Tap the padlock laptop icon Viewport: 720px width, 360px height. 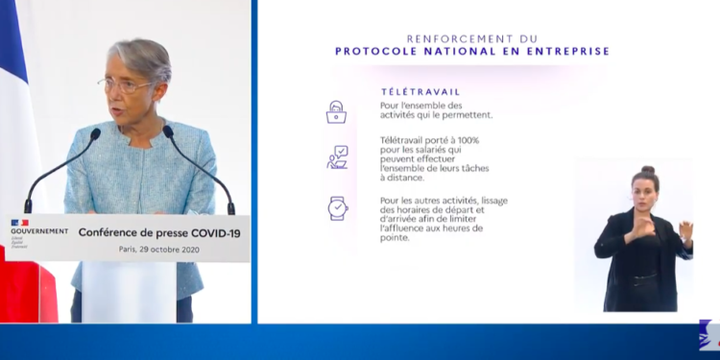(x=336, y=111)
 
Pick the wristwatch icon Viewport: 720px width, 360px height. (x=337, y=207)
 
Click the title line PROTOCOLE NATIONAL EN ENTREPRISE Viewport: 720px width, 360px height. (x=472, y=51)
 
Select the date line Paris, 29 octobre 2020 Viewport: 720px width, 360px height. (x=158, y=250)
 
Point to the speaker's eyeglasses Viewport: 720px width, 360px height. (x=125, y=85)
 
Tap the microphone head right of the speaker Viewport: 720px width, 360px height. (x=169, y=132)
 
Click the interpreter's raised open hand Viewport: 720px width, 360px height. (x=685, y=231)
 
